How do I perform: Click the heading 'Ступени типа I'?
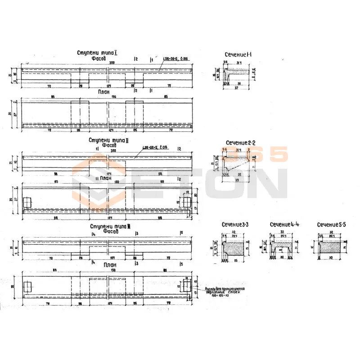coord(98,53)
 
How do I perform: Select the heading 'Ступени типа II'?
coord(109,140)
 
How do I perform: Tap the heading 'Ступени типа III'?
coord(110,226)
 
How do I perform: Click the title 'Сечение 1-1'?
coord(238,54)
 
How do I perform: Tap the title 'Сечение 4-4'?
coord(284,224)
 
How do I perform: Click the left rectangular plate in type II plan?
coord(27,200)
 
